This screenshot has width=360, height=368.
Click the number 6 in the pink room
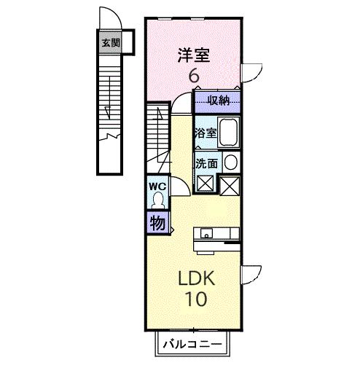(x=195, y=76)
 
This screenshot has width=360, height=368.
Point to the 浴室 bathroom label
(x=205, y=133)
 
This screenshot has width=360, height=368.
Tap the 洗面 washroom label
(x=206, y=163)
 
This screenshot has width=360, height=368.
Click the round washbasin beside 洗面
(x=230, y=163)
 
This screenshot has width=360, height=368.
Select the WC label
(x=158, y=187)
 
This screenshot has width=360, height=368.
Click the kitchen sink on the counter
(x=206, y=234)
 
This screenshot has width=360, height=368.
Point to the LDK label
(x=194, y=278)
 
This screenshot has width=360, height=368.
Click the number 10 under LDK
(x=194, y=299)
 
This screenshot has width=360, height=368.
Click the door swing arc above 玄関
(x=108, y=17)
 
